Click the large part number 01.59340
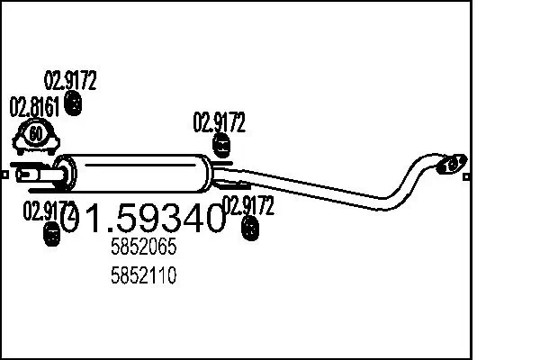coord(143,217)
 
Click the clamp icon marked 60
coord(35,137)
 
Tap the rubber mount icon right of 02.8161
coord(75,106)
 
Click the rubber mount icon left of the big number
coord(50,236)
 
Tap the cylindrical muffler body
coord(135,169)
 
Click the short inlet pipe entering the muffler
coord(36,171)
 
